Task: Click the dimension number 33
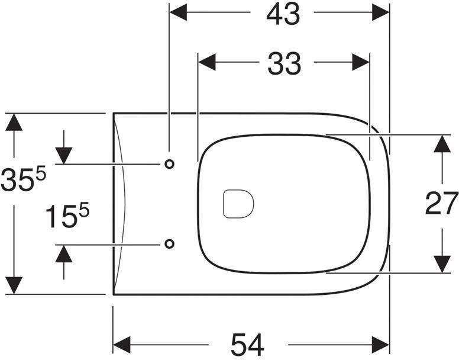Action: point(284,63)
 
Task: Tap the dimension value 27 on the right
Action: point(441,204)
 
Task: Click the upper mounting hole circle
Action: point(170,164)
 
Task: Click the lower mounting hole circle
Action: point(170,243)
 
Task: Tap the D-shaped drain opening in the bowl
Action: point(238,204)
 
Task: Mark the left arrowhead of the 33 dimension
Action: point(206,62)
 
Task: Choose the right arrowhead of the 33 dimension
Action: point(361,62)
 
